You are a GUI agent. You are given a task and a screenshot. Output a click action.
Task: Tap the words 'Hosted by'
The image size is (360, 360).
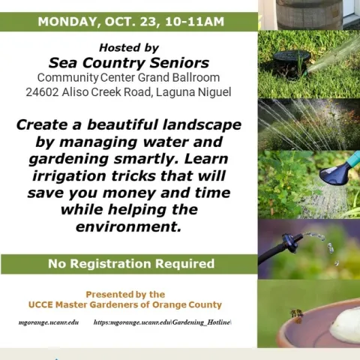129,47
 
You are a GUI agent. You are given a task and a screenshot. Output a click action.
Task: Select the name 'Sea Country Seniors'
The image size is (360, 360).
129,62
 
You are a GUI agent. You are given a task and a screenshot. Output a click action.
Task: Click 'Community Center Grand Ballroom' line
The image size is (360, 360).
129,77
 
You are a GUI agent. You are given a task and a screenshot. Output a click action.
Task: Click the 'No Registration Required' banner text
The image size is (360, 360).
130,263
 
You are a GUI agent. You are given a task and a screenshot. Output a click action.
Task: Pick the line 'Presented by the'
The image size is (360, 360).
125,294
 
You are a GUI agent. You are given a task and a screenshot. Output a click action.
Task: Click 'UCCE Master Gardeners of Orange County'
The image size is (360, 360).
125,305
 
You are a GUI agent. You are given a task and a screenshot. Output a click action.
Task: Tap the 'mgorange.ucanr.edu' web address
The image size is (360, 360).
49,322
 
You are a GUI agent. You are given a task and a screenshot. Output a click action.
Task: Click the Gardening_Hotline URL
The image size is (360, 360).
163,322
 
